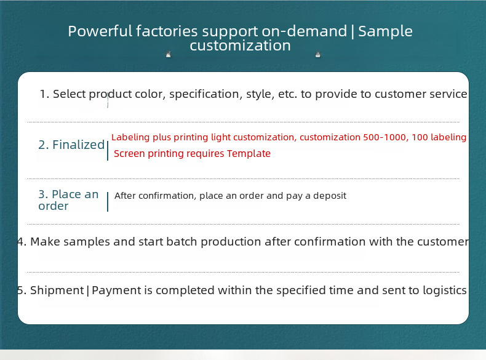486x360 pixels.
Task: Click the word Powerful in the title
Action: tap(100, 31)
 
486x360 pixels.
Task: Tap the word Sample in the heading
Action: tap(385, 31)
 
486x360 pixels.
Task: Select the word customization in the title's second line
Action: tap(240, 46)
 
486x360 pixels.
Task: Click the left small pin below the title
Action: tap(169, 55)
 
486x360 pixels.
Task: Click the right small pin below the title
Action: tap(317, 55)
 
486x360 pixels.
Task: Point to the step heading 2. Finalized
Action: tap(71, 145)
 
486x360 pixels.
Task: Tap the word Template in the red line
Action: tap(249, 153)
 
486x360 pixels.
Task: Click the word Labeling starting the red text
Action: tap(130, 137)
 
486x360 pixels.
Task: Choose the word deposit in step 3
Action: tap(330, 196)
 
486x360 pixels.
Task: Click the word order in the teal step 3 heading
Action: tap(54, 206)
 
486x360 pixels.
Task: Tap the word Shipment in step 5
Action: tap(57, 290)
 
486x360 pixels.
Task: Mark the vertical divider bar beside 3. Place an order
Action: tap(108, 202)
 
